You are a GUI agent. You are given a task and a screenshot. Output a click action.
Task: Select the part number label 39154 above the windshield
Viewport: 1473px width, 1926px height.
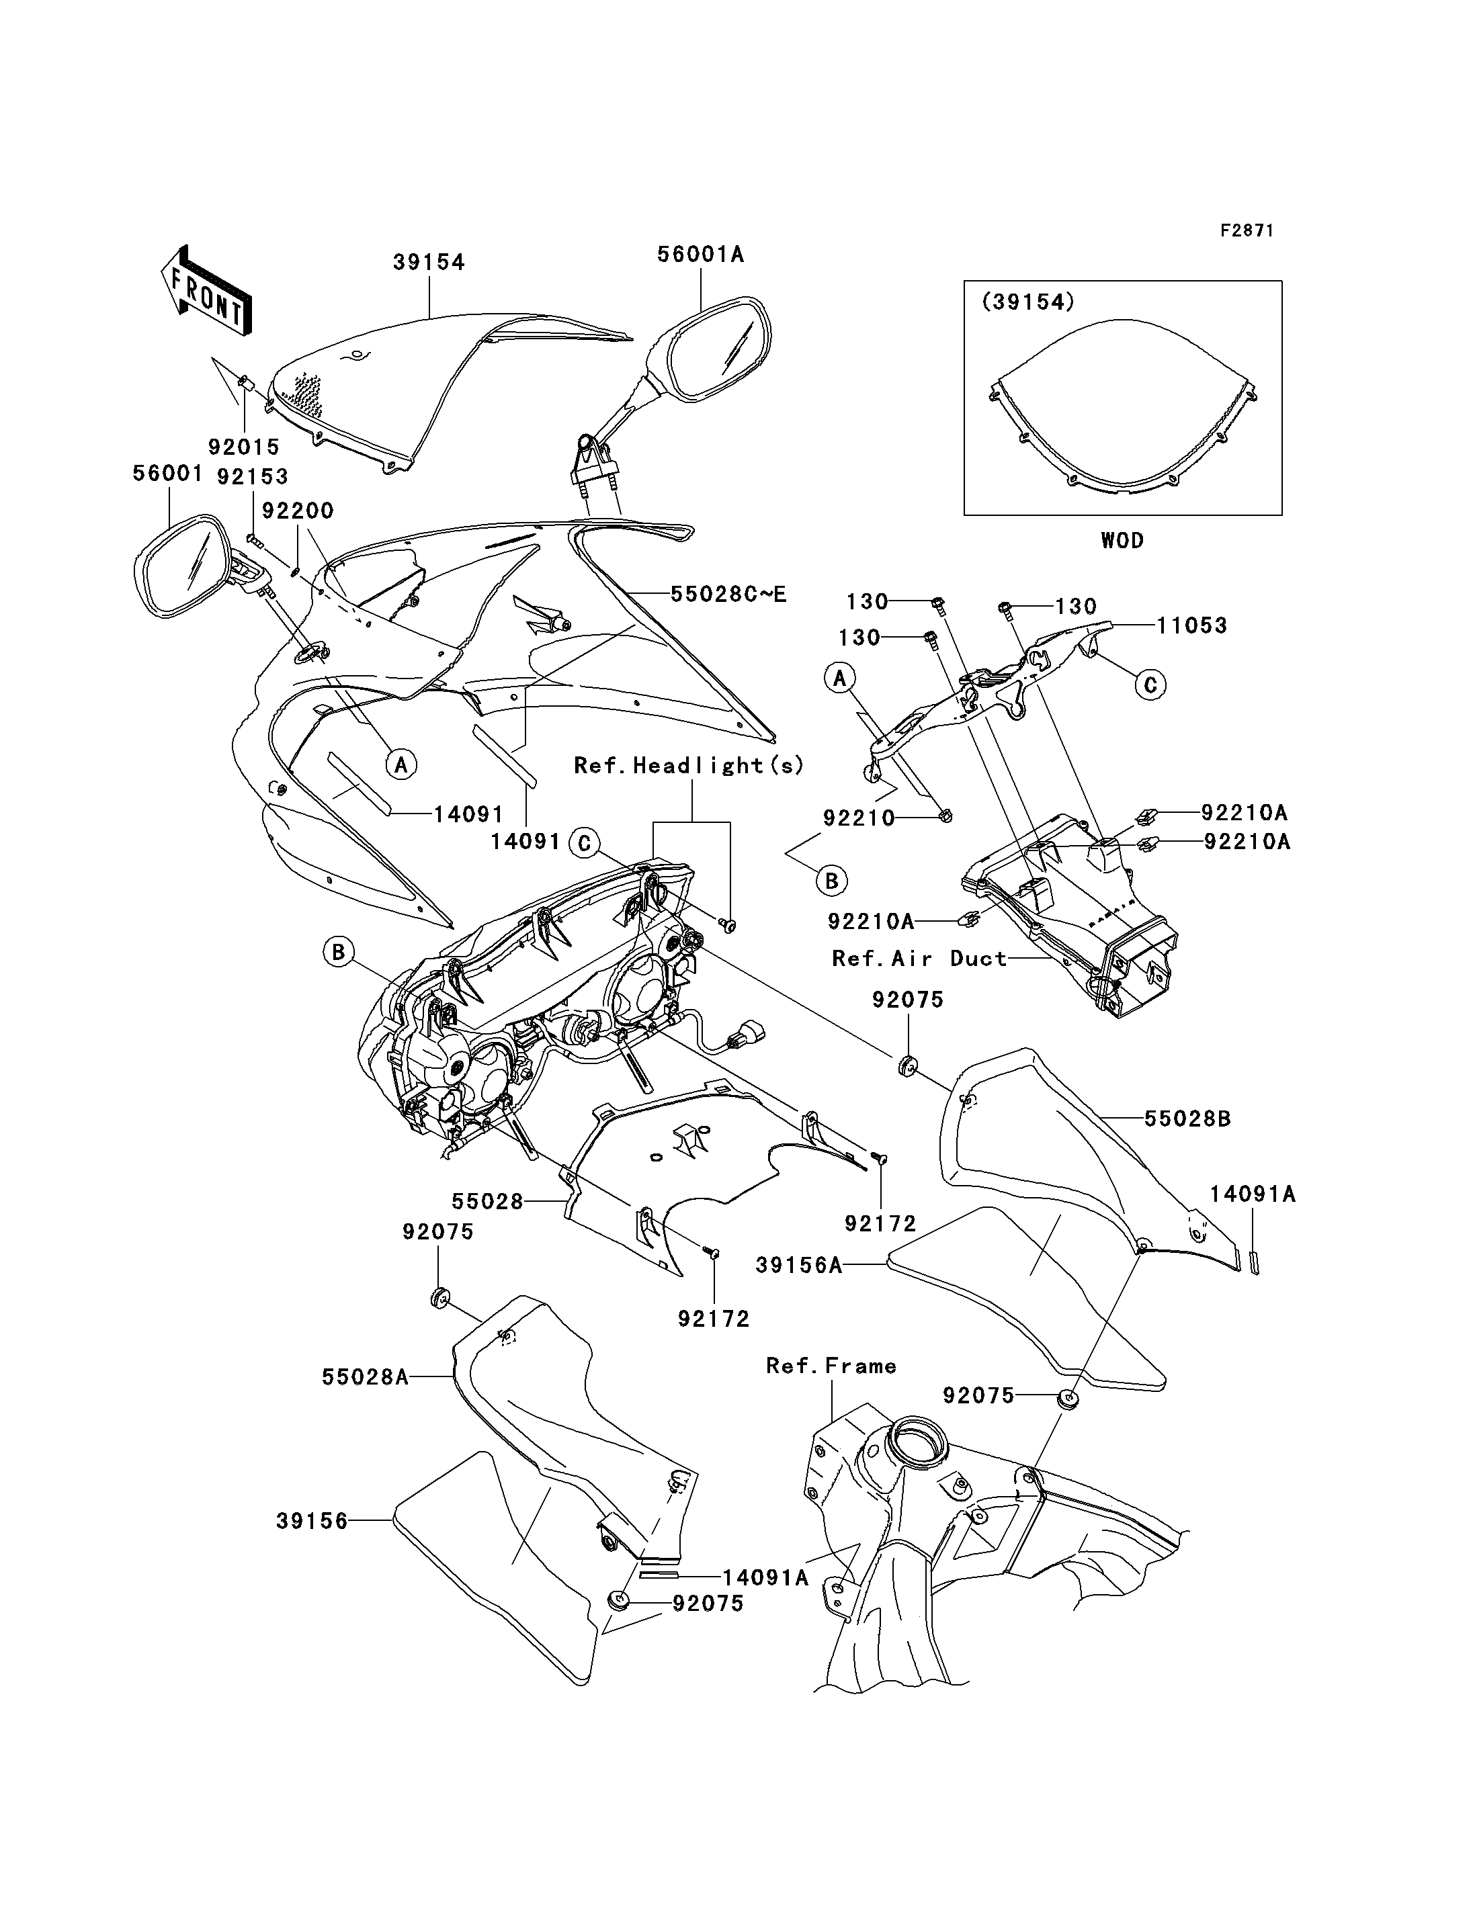click(429, 262)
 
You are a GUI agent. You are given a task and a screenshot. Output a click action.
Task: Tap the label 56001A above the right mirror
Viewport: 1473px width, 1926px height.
click(701, 254)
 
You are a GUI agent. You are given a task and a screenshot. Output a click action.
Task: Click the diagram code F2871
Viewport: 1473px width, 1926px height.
click(1247, 230)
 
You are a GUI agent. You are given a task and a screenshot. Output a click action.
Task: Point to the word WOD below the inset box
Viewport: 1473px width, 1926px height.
click(1122, 540)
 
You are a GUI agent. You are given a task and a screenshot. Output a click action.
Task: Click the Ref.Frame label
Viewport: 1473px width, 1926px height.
click(831, 1365)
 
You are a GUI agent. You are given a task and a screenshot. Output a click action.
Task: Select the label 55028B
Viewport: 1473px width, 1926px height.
click(1187, 1119)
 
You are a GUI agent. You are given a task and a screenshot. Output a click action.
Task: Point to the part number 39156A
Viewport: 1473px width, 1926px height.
click(799, 1264)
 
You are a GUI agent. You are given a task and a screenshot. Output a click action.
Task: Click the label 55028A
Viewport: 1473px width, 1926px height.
click(366, 1376)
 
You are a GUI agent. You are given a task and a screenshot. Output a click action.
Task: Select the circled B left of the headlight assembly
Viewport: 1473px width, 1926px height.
click(339, 951)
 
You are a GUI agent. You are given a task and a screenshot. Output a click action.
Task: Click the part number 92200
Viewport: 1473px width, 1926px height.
click(298, 510)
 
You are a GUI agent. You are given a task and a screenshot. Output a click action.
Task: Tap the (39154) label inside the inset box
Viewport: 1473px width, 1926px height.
click(1027, 302)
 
